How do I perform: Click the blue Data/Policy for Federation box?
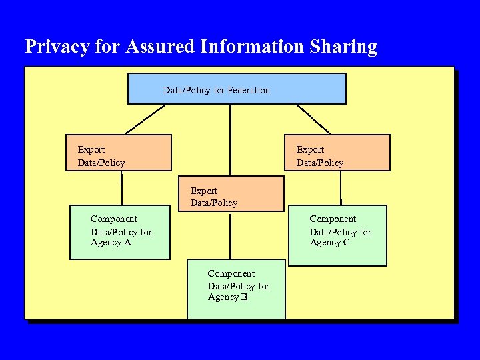tap(237, 89)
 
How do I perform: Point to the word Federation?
tap(249, 90)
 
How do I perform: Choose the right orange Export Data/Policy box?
tap(337, 153)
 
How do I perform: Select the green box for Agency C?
tap(337, 235)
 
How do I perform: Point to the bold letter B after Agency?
tap(245, 297)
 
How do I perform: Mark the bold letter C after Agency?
tap(347, 243)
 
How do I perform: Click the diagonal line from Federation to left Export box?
tap(145, 119)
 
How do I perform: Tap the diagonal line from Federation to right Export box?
tap(313, 119)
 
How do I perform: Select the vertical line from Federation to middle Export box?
tap(230, 140)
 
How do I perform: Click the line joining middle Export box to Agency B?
tap(230, 235)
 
